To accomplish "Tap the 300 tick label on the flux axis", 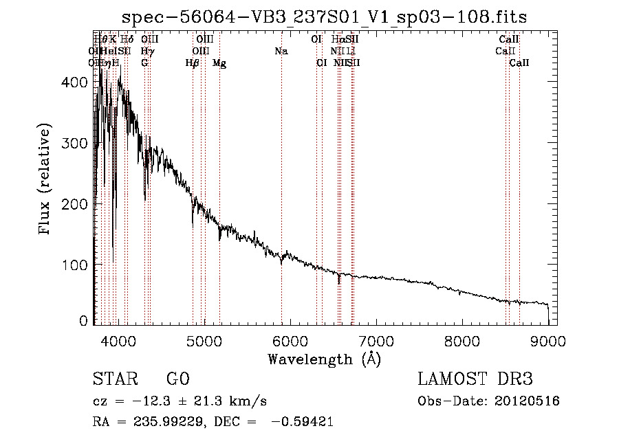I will pyautogui.click(x=79, y=143).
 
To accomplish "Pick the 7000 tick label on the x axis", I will pyautogui.click(x=376, y=340).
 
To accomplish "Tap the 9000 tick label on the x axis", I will pyautogui.click(x=547, y=340).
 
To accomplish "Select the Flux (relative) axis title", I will pyautogui.click(x=46, y=180).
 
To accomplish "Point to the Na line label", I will pyautogui.click(x=281, y=52).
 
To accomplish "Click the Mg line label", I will pyautogui.click(x=219, y=63).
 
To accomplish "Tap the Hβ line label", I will pyautogui.click(x=193, y=63).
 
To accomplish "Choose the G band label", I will pyautogui.click(x=144, y=63).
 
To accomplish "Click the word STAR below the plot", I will pyautogui.click(x=113, y=379).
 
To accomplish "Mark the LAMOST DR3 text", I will pyautogui.click(x=475, y=379).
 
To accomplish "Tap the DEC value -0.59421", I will pyautogui.click(x=303, y=423).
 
